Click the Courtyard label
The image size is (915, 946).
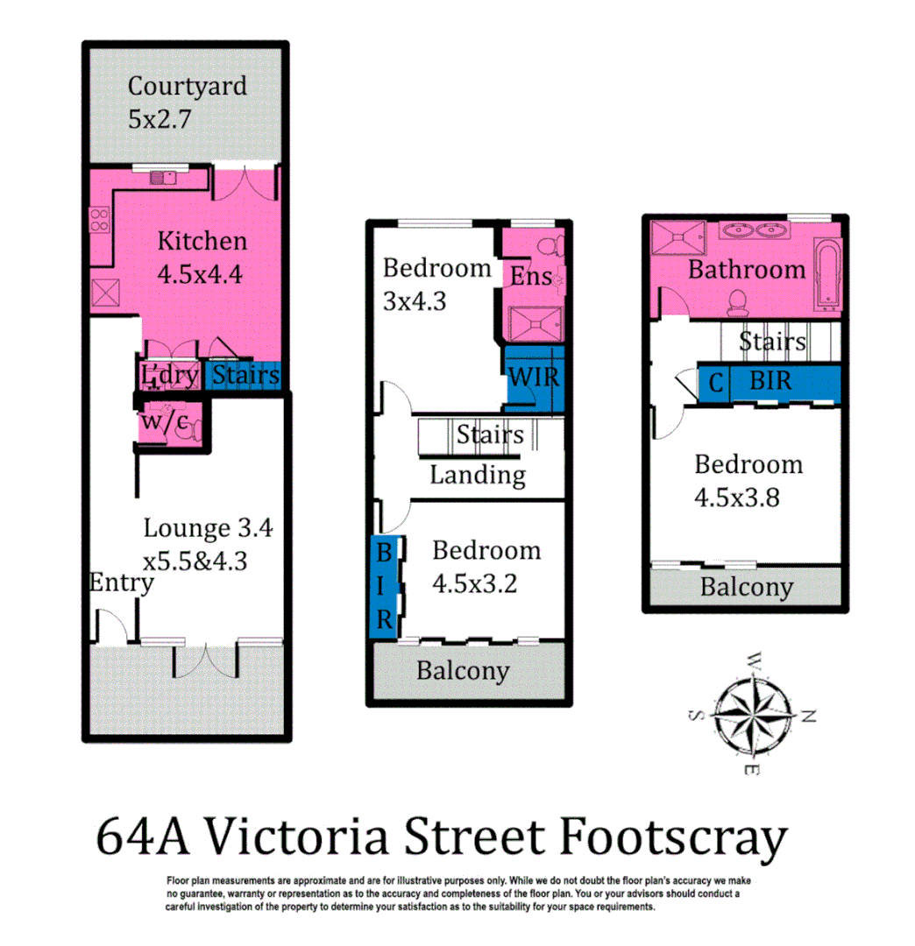(x=187, y=87)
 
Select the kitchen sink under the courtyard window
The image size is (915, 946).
(x=162, y=178)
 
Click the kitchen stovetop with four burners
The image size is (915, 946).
(x=99, y=220)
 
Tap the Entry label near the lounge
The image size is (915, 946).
(x=121, y=582)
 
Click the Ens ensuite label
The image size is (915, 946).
(x=531, y=276)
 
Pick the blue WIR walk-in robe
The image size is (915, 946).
(x=535, y=377)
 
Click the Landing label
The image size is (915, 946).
(x=477, y=475)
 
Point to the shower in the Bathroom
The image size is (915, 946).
(x=681, y=235)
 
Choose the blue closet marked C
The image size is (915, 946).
(x=715, y=383)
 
